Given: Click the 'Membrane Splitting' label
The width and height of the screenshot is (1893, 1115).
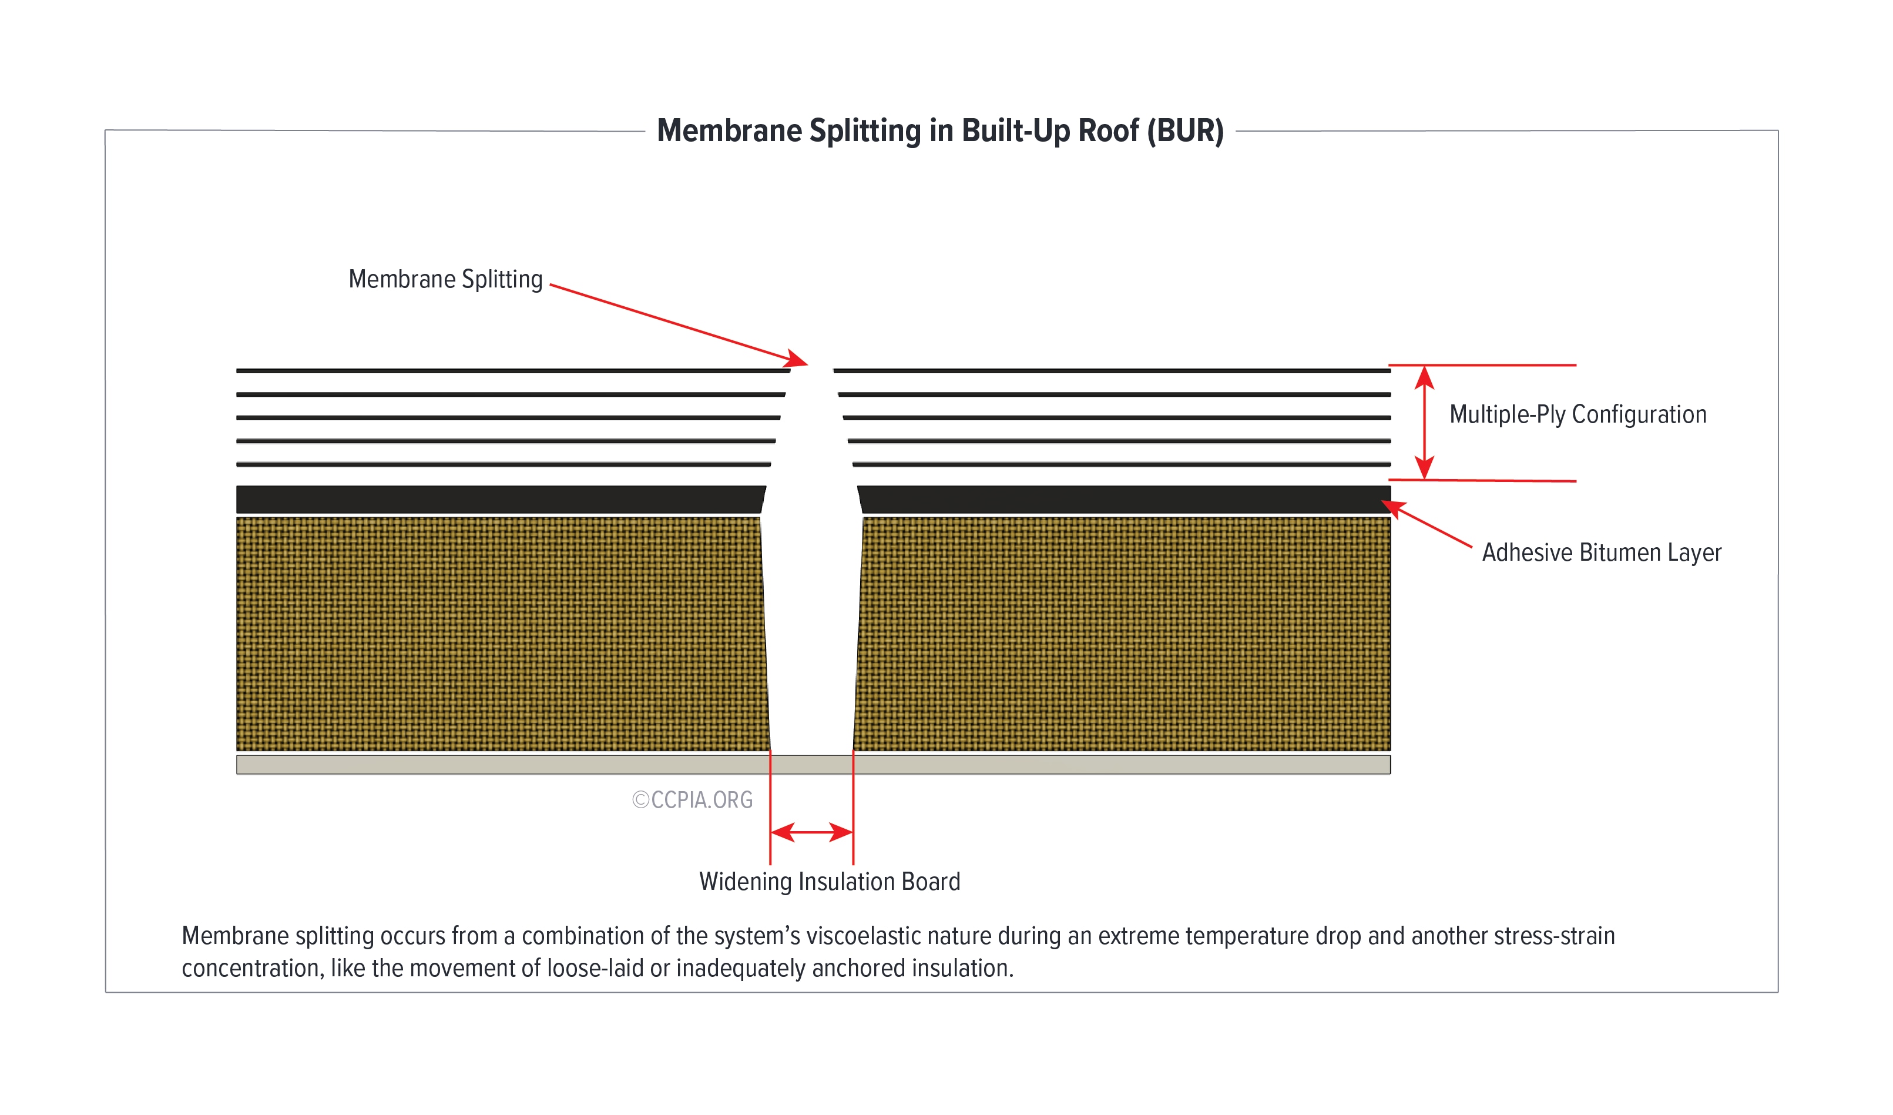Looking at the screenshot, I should (445, 280).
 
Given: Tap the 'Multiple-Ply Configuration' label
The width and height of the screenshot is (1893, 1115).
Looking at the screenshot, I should (1577, 415).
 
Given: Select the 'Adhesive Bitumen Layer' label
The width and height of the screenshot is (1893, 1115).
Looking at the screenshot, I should (1601, 553).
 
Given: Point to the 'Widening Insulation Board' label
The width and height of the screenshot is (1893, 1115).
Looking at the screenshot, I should (830, 881).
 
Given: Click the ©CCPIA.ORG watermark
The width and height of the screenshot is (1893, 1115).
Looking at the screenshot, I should (692, 800).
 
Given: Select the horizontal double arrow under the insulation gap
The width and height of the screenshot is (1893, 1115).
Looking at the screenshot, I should (811, 832).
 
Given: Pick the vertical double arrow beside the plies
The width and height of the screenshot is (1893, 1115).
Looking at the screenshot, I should (1424, 422).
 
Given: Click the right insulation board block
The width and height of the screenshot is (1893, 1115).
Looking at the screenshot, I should (1123, 634).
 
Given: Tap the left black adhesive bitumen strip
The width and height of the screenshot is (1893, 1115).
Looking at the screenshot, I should (499, 500).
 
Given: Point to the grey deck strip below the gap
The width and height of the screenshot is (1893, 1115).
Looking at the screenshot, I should (811, 765).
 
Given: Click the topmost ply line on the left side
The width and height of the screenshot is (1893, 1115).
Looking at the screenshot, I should (511, 371).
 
